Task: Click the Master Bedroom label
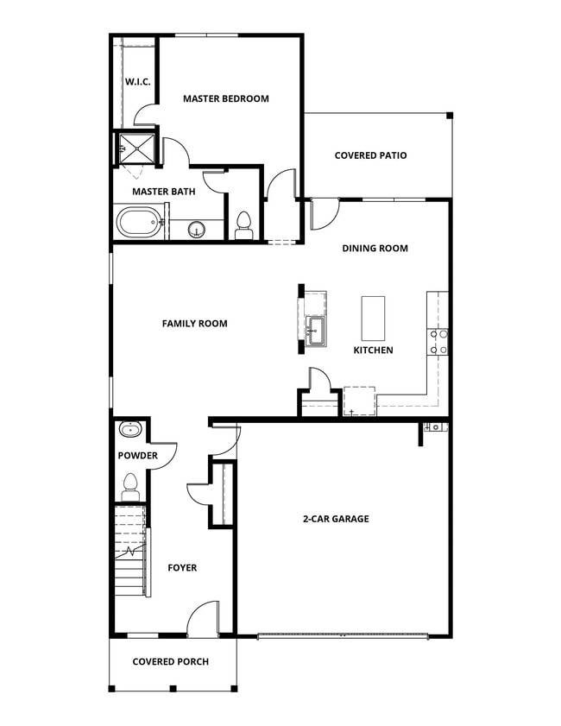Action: pyautogui.click(x=225, y=98)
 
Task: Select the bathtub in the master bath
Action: pyautogui.click(x=139, y=223)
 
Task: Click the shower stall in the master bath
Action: pyautogui.click(x=137, y=148)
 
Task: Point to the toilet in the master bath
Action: pyautogui.click(x=243, y=224)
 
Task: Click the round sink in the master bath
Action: pyautogui.click(x=197, y=230)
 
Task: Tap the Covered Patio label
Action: pyautogui.click(x=370, y=155)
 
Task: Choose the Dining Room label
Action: pyautogui.click(x=375, y=249)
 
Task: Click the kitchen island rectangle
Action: pyautogui.click(x=373, y=318)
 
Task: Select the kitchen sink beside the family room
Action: pyautogui.click(x=314, y=329)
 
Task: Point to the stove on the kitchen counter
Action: pyautogui.click(x=438, y=343)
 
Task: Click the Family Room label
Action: pyautogui.click(x=194, y=324)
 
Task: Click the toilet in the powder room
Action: pyautogui.click(x=130, y=485)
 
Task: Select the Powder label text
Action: pyautogui.click(x=137, y=455)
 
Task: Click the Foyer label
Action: pyautogui.click(x=182, y=568)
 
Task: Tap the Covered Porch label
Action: pyautogui.click(x=171, y=662)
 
